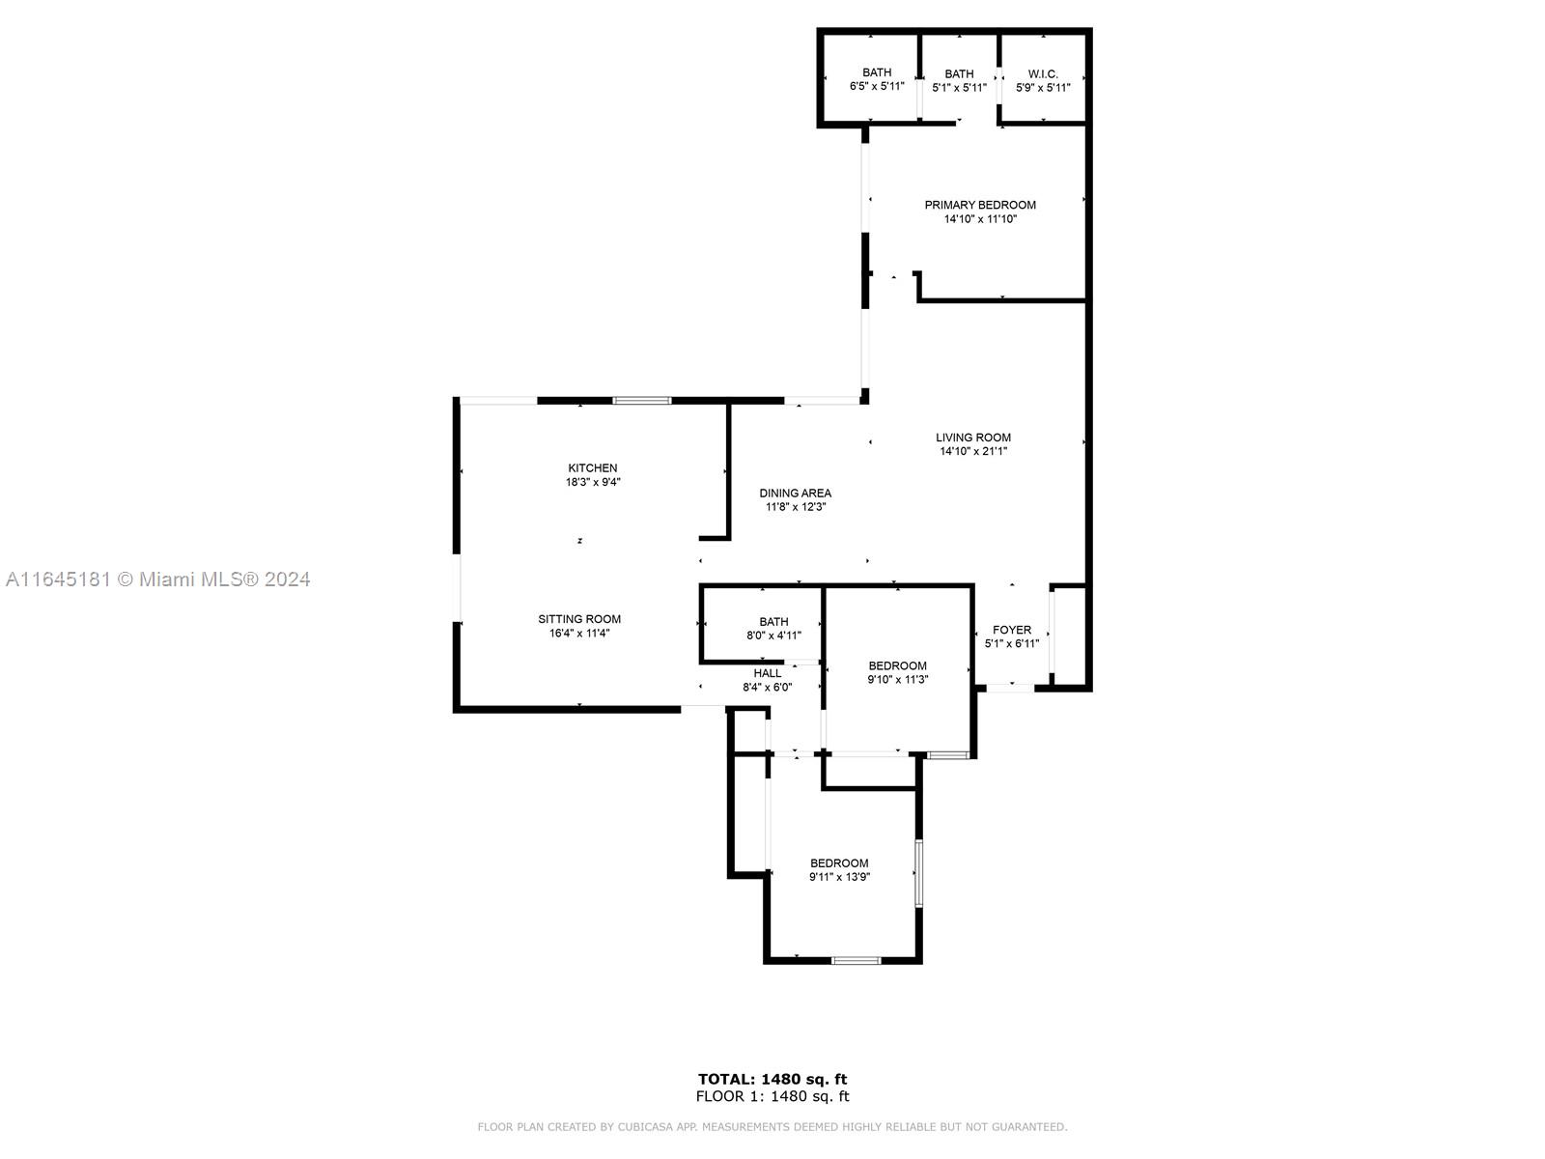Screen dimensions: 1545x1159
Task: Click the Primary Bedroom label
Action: pyautogui.click(x=980, y=205)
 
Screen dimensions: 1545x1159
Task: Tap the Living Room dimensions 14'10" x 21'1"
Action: pyautogui.click(x=973, y=451)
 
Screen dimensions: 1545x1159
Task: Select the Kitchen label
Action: pyautogui.click(x=593, y=468)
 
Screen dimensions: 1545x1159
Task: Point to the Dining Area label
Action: pyautogui.click(x=796, y=494)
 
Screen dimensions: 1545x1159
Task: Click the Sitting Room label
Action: pyautogui.click(x=579, y=619)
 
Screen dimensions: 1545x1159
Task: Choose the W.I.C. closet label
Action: pyautogui.click(x=1043, y=74)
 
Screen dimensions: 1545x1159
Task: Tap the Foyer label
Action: pyautogui.click(x=1012, y=630)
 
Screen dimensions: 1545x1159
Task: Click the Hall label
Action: pyautogui.click(x=768, y=673)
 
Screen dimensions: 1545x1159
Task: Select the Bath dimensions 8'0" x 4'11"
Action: pyautogui.click(x=774, y=636)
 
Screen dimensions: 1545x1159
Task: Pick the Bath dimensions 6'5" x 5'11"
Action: pyautogui.click(x=877, y=87)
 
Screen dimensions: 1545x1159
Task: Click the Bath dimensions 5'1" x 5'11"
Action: pyautogui.click(x=960, y=88)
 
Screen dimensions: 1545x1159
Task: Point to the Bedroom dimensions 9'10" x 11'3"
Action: pyautogui.click(x=898, y=680)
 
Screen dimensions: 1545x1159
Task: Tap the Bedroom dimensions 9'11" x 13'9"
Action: pyautogui.click(x=840, y=877)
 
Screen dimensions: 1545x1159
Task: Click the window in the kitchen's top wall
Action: pyautogui.click(x=642, y=401)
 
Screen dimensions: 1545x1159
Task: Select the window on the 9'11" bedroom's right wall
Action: pyautogui.click(x=918, y=872)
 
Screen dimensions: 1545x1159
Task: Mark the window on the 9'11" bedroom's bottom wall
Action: pyautogui.click(x=856, y=960)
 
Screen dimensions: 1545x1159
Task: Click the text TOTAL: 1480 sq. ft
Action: pyautogui.click(x=772, y=1079)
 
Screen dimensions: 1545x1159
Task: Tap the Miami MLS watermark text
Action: pyautogui.click(x=157, y=579)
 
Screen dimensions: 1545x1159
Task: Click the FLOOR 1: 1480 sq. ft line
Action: pyautogui.click(x=772, y=1095)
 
